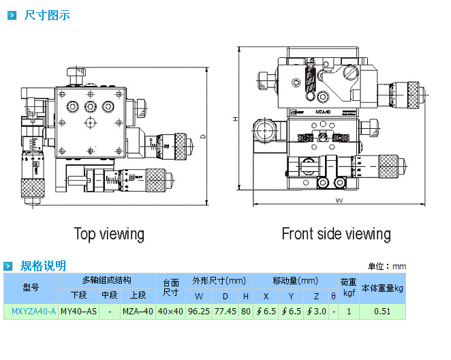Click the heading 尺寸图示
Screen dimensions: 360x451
(x=46, y=14)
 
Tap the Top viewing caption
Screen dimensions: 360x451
(x=109, y=234)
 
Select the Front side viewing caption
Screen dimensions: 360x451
(x=336, y=234)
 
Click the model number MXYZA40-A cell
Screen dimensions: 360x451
(x=31, y=312)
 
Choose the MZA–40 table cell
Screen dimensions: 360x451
(x=138, y=312)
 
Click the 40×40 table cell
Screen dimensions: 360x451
(x=170, y=312)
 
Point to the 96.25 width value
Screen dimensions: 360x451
(x=199, y=312)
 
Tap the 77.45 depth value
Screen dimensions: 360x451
(x=225, y=312)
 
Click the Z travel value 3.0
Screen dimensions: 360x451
(x=317, y=312)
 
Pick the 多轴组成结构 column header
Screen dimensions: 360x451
(x=106, y=280)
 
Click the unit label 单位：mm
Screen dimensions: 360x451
(x=387, y=267)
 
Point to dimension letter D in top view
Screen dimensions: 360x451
(x=202, y=136)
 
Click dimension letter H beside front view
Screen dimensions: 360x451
(x=235, y=120)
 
